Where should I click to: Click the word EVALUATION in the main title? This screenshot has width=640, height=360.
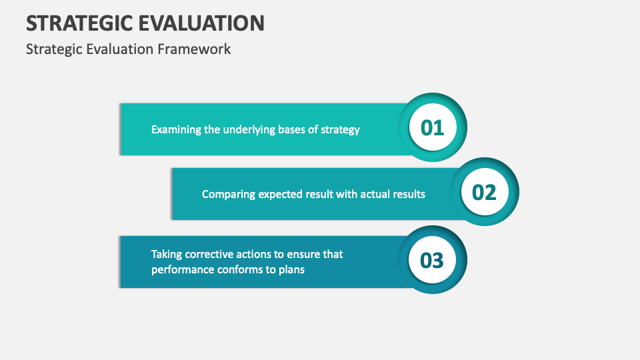[x=203, y=23]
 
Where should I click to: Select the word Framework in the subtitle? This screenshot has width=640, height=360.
[x=199, y=49]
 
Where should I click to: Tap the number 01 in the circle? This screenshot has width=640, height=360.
[x=432, y=127]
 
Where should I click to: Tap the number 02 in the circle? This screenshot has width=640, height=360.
[x=484, y=193]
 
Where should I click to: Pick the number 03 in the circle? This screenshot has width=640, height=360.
[x=432, y=261]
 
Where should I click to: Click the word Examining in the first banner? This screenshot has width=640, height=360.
[x=176, y=129]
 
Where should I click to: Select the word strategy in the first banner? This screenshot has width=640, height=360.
[x=339, y=129]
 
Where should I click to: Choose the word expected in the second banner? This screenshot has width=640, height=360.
[x=280, y=195]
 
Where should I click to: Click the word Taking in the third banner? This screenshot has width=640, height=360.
[x=166, y=254]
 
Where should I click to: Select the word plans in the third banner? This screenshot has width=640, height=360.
[x=291, y=270]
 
